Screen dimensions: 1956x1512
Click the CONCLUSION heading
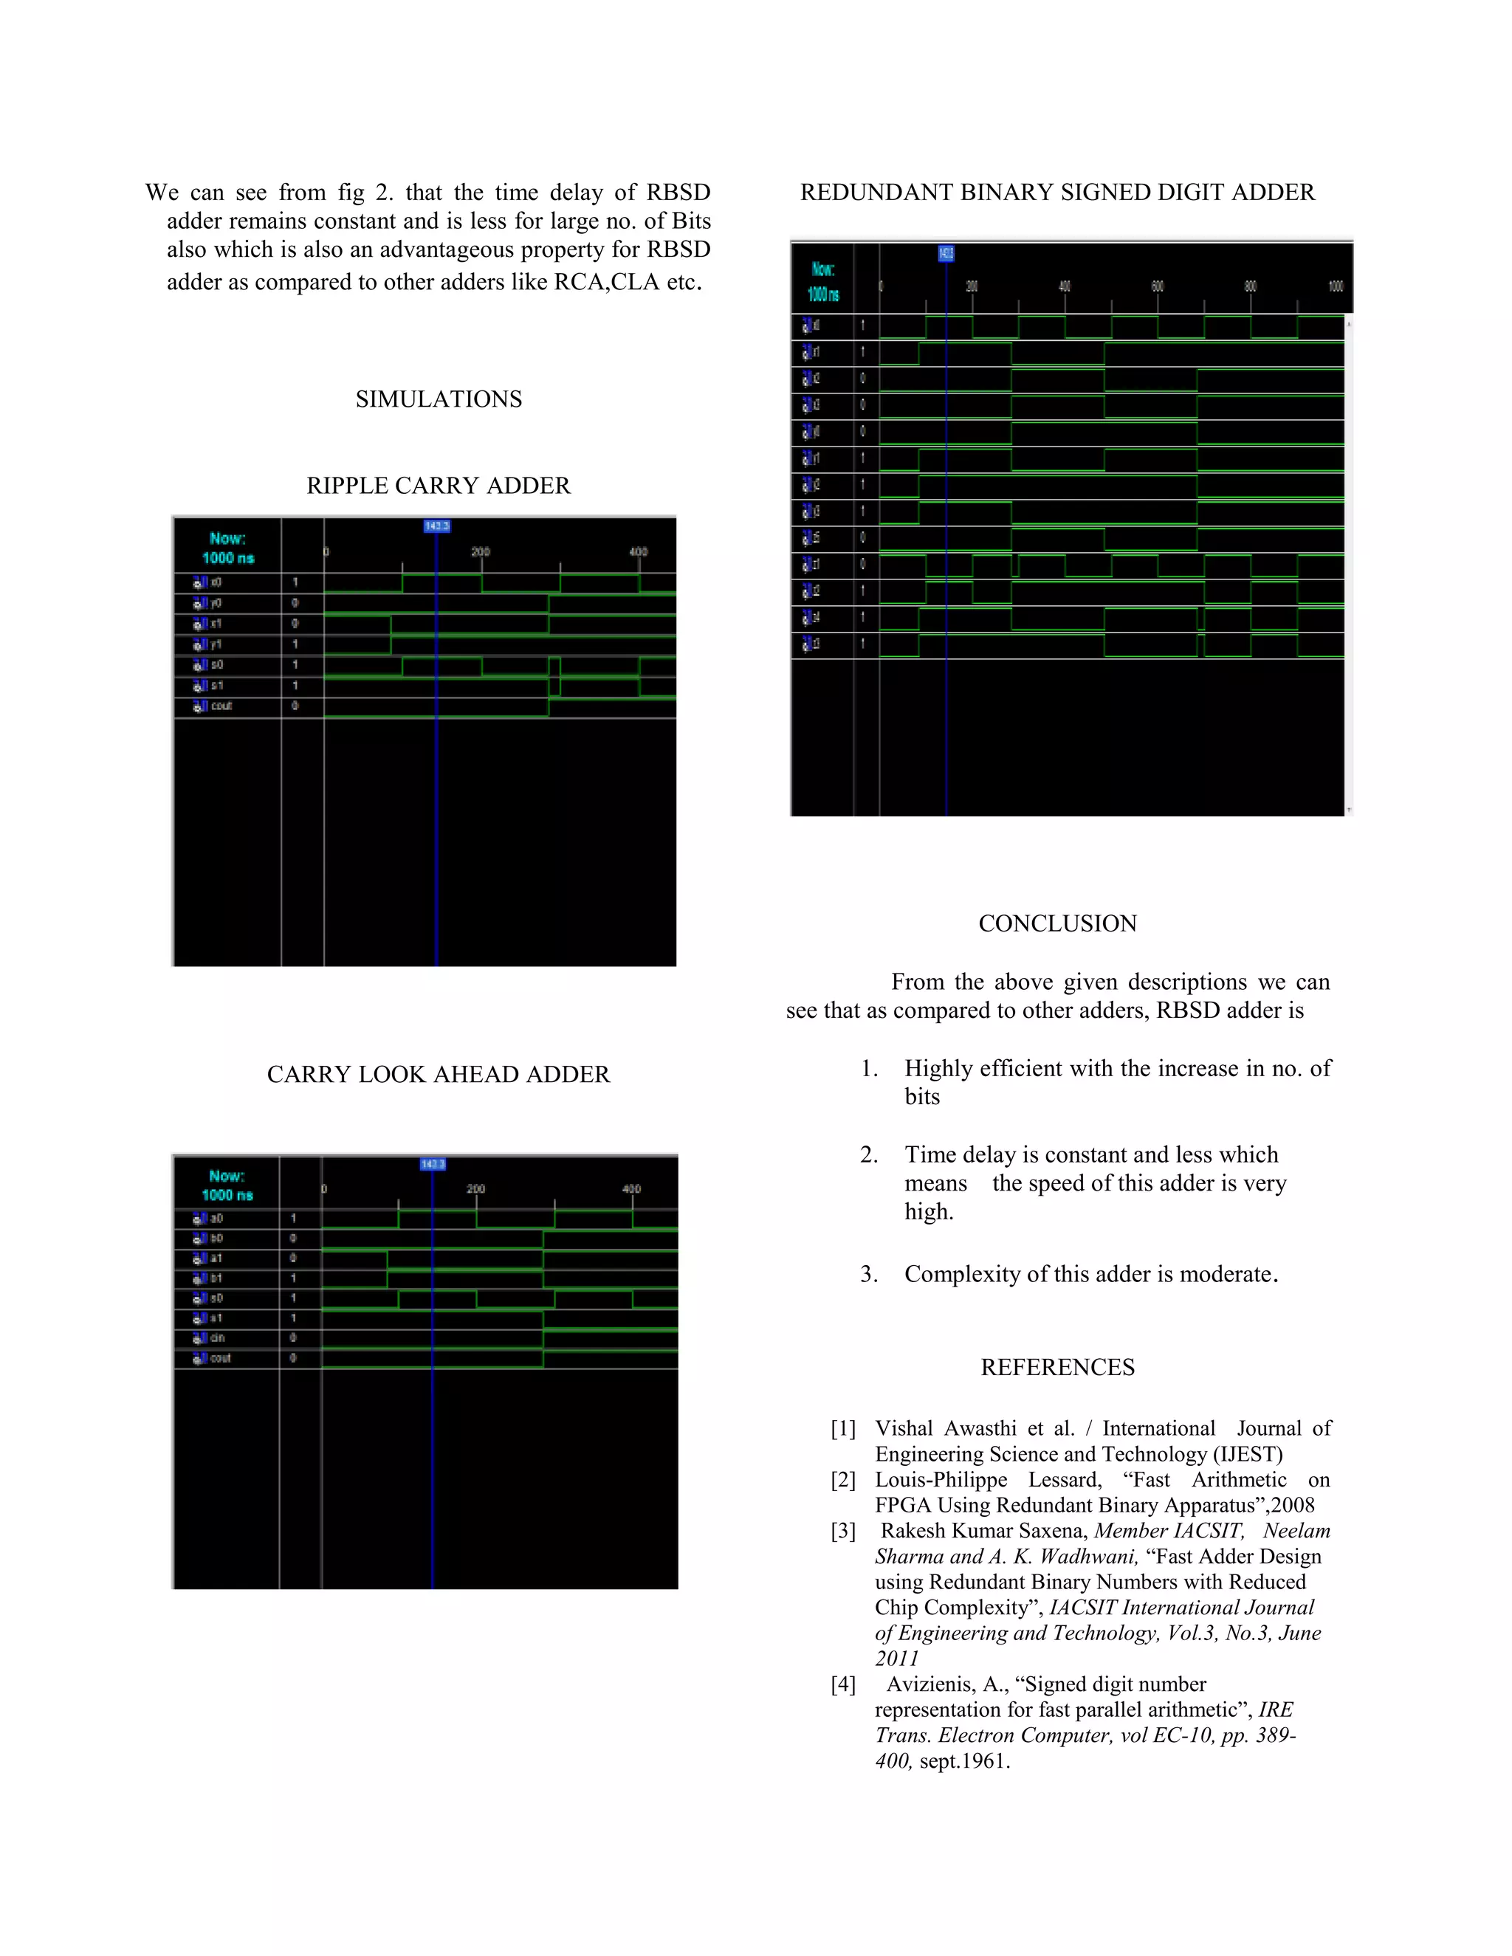tap(1057, 923)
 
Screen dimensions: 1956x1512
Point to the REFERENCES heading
tap(1057, 1367)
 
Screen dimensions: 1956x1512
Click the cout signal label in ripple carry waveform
tap(219, 706)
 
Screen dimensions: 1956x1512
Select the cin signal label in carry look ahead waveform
tap(216, 1338)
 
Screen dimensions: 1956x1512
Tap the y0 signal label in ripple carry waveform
tap(215, 603)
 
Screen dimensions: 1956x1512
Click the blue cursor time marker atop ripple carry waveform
tap(436, 526)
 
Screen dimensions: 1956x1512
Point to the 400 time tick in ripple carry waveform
tap(638, 551)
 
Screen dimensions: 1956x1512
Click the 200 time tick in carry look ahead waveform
tap(475, 1189)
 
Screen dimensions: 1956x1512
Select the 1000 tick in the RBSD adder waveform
tap(1335, 286)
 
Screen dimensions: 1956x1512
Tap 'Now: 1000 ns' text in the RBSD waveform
tap(823, 281)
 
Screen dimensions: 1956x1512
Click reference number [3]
tap(843, 1531)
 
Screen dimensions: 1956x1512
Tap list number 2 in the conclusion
tap(868, 1154)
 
